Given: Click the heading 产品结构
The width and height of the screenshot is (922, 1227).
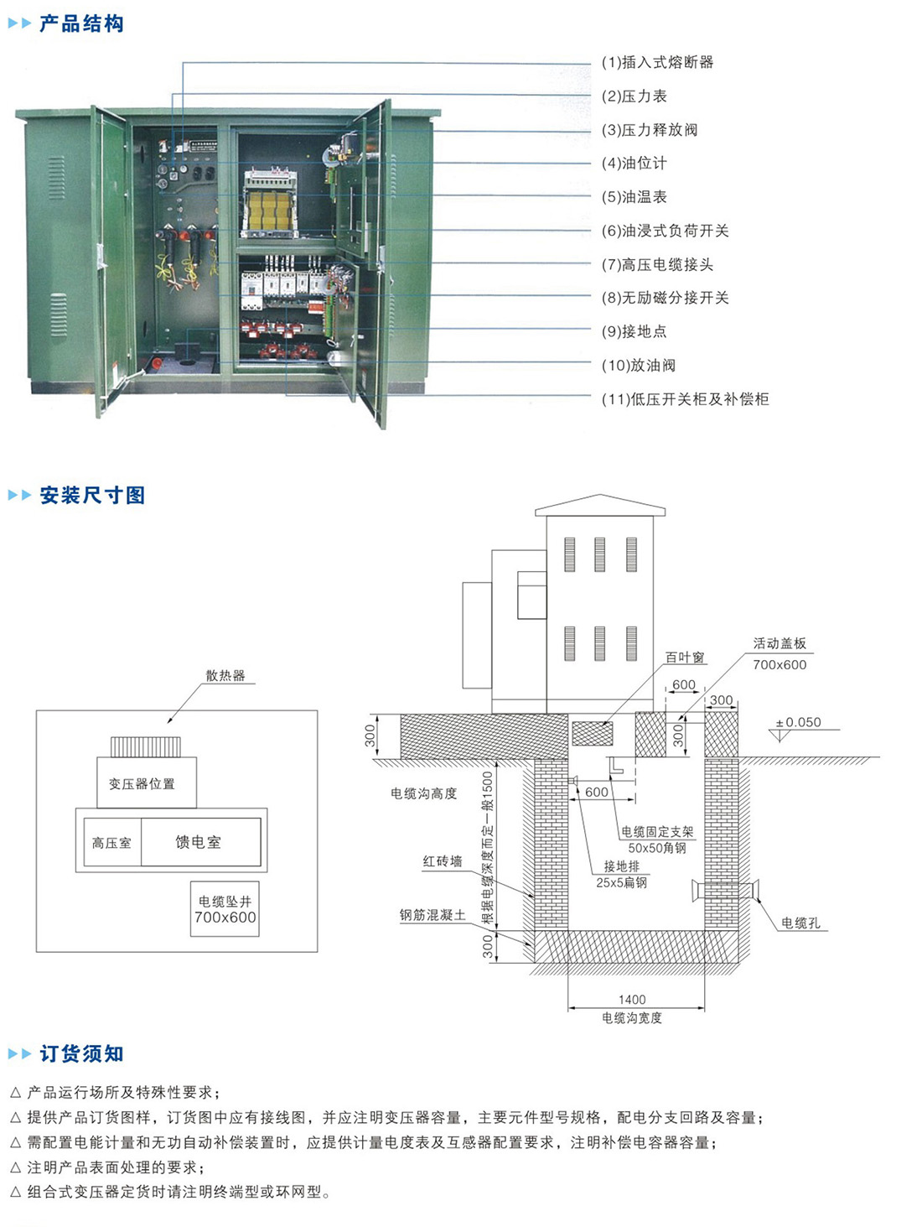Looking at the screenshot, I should pyautogui.click(x=81, y=23).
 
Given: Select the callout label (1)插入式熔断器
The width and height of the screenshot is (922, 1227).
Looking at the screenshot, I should pyautogui.click(x=657, y=62).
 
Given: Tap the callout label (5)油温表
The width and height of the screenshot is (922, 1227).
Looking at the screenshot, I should pyautogui.click(x=634, y=197).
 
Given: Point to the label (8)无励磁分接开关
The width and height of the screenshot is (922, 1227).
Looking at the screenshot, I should pyautogui.click(x=665, y=298).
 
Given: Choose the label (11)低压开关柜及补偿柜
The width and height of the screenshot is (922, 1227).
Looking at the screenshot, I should pyautogui.click(x=685, y=399).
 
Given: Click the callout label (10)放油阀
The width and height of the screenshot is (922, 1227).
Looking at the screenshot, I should pyautogui.click(x=638, y=366).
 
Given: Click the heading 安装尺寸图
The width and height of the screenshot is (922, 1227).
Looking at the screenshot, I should pyautogui.click(x=92, y=495).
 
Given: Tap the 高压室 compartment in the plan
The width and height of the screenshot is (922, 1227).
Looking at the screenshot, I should pyautogui.click(x=111, y=842).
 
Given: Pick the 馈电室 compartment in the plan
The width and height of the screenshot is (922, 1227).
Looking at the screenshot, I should pyautogui.click(x=199, y=842).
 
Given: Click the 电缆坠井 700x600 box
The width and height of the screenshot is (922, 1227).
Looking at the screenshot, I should pyautogui.click(x=225, y=909).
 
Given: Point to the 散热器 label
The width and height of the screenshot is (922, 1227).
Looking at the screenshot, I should pyautogui.click(x=225, y=675).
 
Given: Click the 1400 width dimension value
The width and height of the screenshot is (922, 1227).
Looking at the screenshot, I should pyautogui.click(x=632, y=999).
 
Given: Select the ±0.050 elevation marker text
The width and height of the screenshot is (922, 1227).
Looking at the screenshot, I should pyautogui.click(x=798, y=722).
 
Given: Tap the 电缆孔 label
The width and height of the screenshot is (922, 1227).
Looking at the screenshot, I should pyautogui.click(x=800, y=923).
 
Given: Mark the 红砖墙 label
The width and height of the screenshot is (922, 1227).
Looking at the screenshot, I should pyautogui.click(x=442, y=861).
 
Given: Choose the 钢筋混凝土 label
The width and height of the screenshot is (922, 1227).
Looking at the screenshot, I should pyautogui.click(x=433, y=915).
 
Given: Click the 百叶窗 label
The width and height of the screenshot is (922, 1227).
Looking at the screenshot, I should pyautogui.click(x=685, y=658).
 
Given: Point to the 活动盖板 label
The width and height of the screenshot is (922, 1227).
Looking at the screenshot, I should pyautogui.click(x=780, y=643).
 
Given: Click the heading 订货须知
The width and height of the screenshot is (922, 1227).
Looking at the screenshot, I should pyautogui.click(x=81, y=1053).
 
